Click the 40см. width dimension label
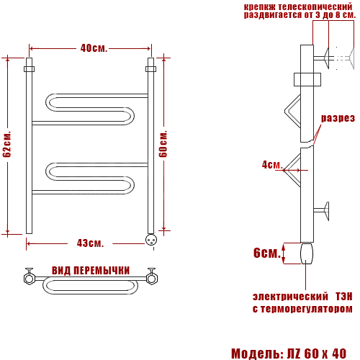coord(94,48)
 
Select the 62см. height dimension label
coord(7,144)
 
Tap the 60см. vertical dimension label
coord(163,144)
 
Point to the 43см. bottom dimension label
coord(90,243)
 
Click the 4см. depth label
coord(272,165)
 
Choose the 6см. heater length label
coord(267,253)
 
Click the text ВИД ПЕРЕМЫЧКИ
coord(91,271)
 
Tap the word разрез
coord(338,118)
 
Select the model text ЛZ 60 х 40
coord(317,354)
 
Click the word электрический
coord(290,297)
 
